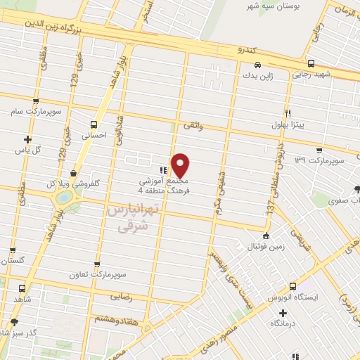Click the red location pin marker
pos(181,165)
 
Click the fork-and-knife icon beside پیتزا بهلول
pos(288,112)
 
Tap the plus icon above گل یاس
pos(27,139)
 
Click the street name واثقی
pos(192,124)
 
